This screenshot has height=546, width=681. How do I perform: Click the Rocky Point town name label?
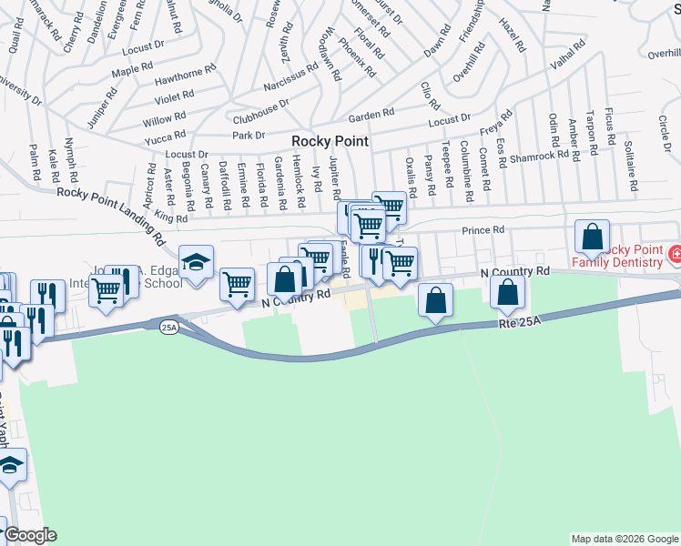330,141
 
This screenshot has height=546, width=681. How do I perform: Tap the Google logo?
29,535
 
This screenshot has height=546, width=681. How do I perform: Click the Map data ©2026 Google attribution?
624,539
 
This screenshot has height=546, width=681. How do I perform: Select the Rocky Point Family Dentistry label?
623,257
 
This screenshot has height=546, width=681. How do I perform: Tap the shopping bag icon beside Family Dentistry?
592,238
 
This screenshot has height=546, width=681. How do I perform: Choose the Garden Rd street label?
371,116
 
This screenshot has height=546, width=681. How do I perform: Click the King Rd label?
170,217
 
